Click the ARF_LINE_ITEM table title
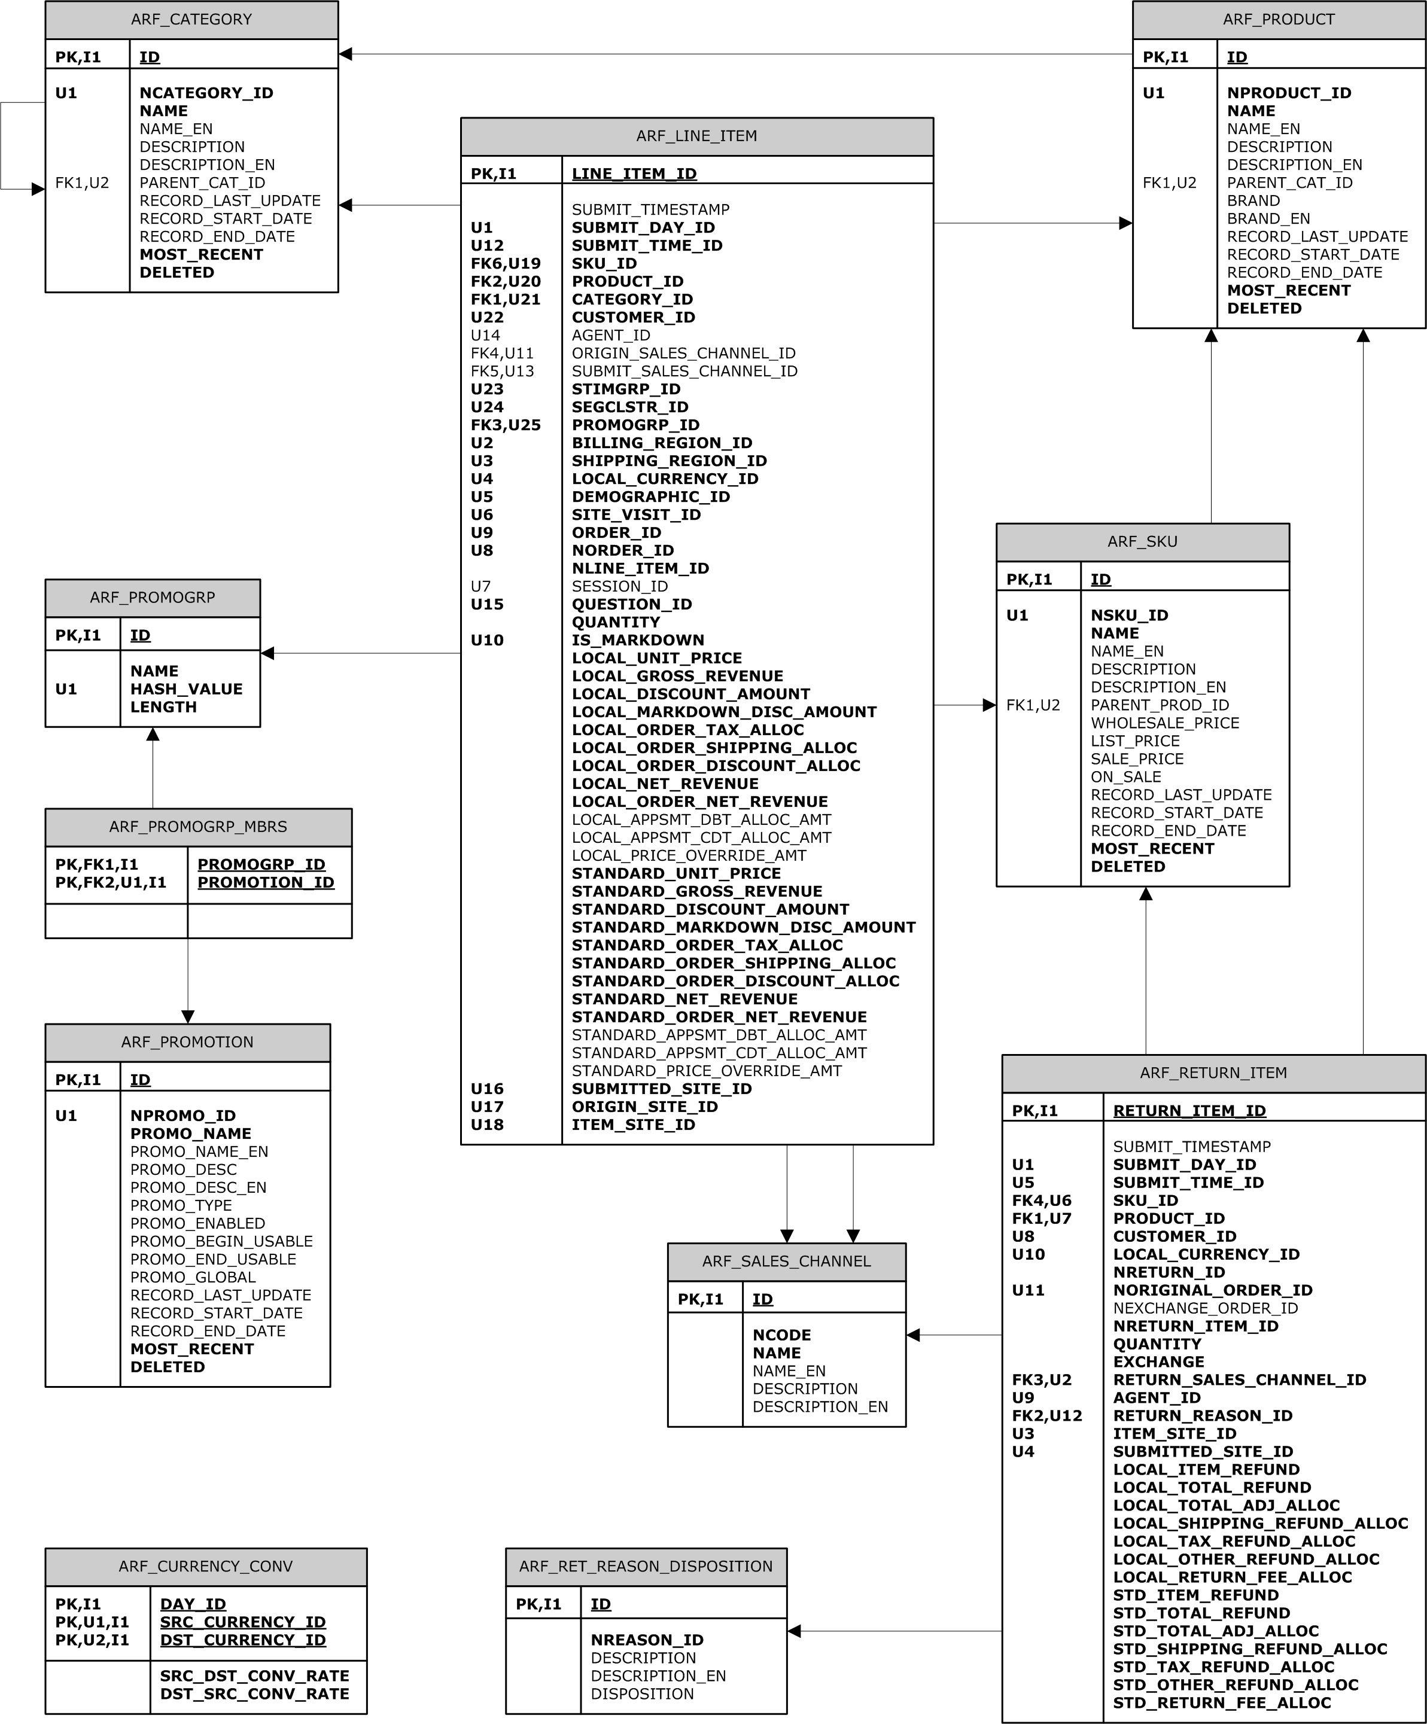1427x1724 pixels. point(696,136)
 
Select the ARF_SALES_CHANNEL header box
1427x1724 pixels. point(787,1262)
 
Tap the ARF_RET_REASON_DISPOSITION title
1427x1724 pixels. point(646,1567)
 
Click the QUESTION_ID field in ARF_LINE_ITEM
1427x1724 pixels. point(631,604)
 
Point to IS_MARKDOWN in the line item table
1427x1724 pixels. point(638,640)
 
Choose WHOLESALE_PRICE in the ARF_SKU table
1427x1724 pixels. point(1165,723)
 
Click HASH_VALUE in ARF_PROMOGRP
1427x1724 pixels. point(187,689)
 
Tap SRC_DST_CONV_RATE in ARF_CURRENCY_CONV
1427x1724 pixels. point(254,1676)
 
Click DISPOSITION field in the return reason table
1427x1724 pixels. point(643,1693)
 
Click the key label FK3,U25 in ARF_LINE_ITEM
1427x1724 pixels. point(506,425)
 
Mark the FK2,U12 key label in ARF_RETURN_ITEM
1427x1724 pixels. point(1047,1415)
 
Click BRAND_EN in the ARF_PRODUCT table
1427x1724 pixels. point(1268,218)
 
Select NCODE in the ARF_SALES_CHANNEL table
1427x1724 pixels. point(781,1335)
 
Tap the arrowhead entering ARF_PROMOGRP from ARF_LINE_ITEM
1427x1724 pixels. point(267,653)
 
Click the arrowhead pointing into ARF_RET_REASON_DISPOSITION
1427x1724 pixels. point(794,1631)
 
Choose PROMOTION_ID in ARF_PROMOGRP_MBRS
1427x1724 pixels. point(266,882)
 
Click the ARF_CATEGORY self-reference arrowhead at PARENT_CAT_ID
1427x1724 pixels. point(38,190)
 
